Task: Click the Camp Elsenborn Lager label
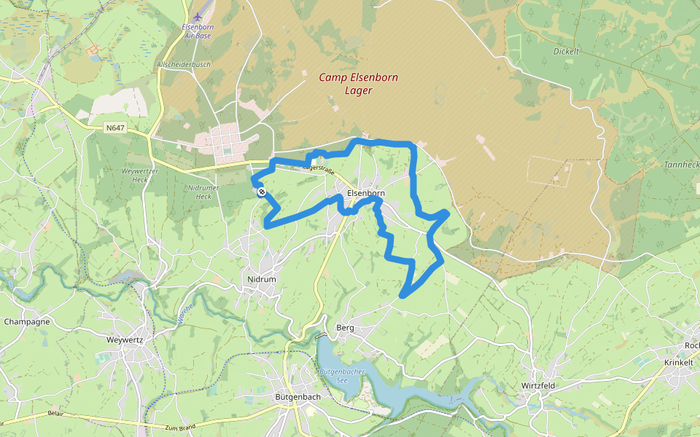pos(358,84)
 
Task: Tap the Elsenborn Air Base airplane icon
pos(197,16)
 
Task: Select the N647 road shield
pos(115,128)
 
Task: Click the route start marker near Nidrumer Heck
pos(261,192)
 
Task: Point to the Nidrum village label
pos(262,279)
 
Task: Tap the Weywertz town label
pos(125,339)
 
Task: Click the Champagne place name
pos(27,321)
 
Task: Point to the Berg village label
pos(345,328)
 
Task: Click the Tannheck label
pos(681,165)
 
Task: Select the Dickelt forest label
pos(566,52)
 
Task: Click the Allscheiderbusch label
pos(183,65)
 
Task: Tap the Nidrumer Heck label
pos(199,192)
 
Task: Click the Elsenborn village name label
pos(366,193)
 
